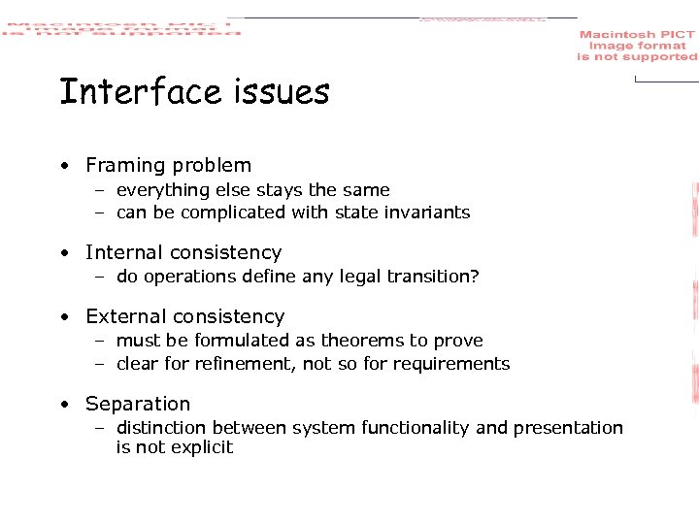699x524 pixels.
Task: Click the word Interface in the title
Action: (141, 92)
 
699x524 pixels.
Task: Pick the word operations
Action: (192, 277)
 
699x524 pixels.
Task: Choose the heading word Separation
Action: (138, 405)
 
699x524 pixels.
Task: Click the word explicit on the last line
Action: (202, 447)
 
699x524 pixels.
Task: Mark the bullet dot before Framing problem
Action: (63, 167)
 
